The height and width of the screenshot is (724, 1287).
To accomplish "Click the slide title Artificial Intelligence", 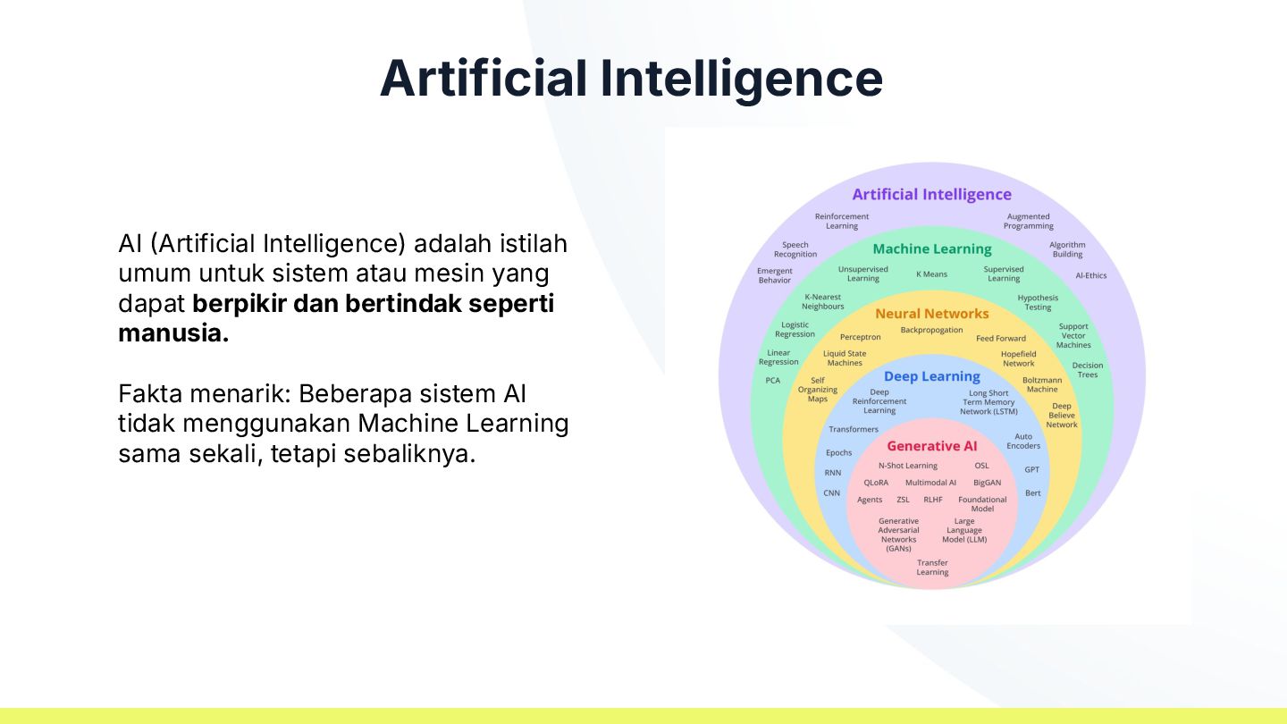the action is coord(631,78).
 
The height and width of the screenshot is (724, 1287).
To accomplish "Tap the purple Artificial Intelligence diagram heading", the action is coord(931,194).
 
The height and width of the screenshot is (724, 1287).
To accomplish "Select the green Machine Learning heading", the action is coord(932,248).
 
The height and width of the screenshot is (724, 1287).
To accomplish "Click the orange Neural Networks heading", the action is coord(932,314).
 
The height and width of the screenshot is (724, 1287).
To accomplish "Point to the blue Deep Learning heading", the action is coord(932,376).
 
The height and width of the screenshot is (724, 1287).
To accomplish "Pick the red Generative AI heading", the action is coord(932,446).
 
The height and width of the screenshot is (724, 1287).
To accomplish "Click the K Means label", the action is coord(931,274).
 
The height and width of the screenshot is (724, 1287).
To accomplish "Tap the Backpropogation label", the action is coord(931,330).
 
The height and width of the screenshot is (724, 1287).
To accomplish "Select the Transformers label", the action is coord(853,429).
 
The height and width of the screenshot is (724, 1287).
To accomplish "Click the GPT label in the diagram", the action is coord(1032,469).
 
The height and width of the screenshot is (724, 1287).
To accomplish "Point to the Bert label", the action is coord(1032,493).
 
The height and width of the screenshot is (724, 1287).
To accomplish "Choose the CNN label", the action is coord(832,493).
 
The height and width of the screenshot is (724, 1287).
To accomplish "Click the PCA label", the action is coord(773,381).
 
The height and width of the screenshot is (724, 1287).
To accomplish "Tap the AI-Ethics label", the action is coord(1090,275).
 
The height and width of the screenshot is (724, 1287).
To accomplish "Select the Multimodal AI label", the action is coord(930,483).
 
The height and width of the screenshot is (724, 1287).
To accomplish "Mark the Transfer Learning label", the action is coord(932,568).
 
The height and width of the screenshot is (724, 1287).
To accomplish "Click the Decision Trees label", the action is coord(1088,370).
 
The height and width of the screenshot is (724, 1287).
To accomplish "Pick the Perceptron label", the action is coord(860,337).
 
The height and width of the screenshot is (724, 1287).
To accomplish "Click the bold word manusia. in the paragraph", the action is coord(173,334).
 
